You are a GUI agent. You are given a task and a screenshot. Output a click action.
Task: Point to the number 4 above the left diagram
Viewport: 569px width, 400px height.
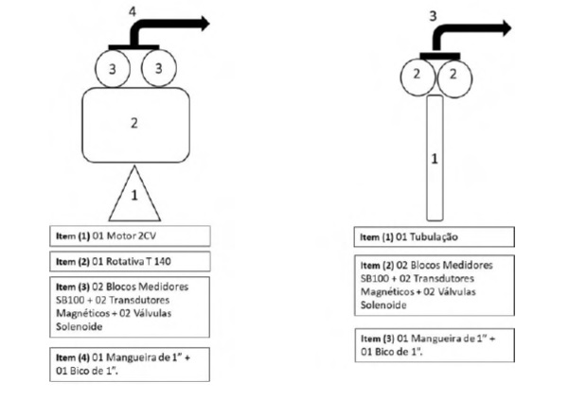[x=133, y=12]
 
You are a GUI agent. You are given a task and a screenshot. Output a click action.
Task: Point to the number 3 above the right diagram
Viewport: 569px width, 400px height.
[x=433, y=16]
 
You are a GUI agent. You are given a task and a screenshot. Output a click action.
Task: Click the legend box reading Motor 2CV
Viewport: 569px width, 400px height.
[x=130, y=235]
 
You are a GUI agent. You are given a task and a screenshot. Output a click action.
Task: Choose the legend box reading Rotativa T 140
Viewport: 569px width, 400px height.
[x=130, y=261]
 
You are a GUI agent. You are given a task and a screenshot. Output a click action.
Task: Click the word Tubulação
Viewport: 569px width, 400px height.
[x=434, y=237]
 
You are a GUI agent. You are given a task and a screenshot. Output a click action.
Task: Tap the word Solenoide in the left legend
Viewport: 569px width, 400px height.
[x=80, y=326]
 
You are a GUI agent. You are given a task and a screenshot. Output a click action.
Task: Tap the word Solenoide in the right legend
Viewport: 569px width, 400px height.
[x=383, y=305]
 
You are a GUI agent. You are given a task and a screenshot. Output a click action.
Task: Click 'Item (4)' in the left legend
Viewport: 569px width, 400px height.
[x=73, y=358]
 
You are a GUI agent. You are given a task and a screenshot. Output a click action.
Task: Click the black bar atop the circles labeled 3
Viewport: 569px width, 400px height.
[x=133, y=47]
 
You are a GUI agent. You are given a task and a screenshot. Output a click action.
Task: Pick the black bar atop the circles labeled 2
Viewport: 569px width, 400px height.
[x=440, y=56]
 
